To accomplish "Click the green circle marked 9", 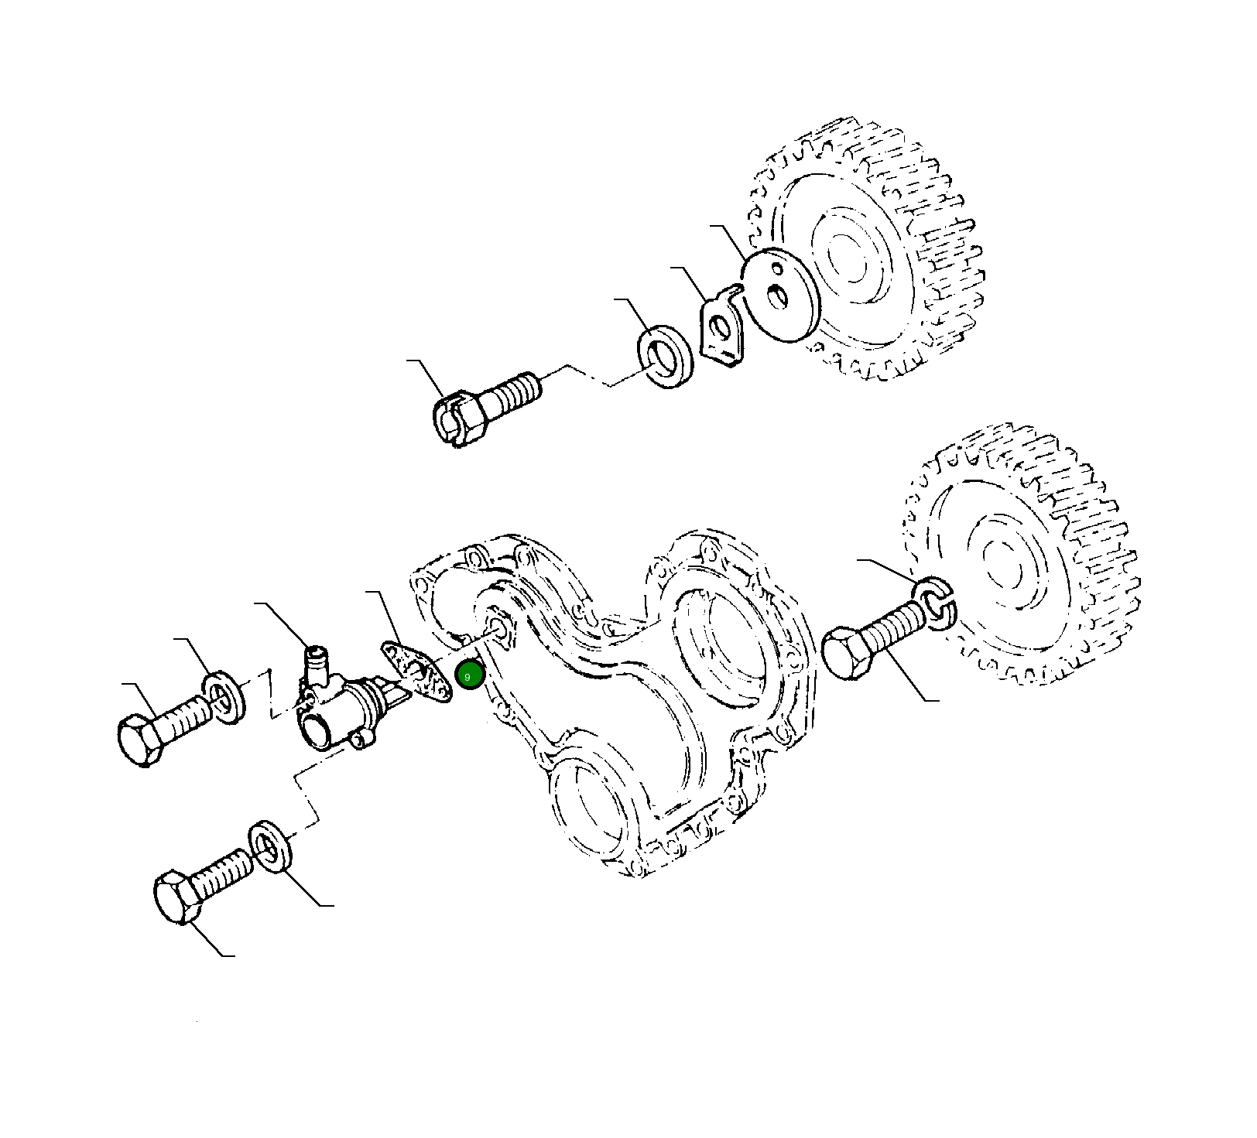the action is tap(469, 676).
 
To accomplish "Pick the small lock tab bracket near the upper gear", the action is tap(721, 324).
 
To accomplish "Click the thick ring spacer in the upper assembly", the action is tap(666, 357).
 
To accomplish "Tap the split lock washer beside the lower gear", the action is tap(936, 603).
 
